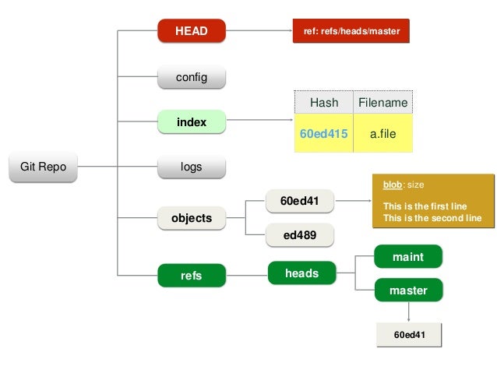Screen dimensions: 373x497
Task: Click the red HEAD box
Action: [191, 31]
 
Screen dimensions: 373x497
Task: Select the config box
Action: [191, 77]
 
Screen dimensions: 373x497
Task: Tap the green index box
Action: [191, 122]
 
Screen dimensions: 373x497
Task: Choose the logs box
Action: [191, 167]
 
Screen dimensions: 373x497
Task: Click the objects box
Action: [191, 218]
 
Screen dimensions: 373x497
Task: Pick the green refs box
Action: [191, 275]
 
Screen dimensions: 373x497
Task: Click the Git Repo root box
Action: [43, 167]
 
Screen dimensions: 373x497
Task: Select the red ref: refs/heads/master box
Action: [351, 31]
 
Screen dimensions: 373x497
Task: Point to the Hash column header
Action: [324, 103]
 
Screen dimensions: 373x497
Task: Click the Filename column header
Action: [382, 103]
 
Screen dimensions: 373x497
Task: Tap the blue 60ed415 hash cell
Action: [324, 134]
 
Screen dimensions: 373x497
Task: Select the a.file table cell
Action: [382, 134]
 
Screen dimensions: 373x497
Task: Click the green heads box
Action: [302, 273]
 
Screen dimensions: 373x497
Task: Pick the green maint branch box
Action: [408, 256]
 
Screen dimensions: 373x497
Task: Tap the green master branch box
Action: [408, 290]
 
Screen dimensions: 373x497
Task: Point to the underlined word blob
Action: [393, 185]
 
